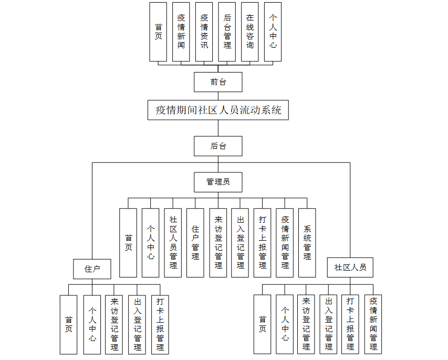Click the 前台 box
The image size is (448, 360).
[x=218, y=82]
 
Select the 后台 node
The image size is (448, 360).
[x=218, y=146]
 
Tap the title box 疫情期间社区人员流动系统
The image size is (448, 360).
[x=218, y=110]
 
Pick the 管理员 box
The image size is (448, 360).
[x=218, y=182]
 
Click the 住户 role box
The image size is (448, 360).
[x=92, y=269]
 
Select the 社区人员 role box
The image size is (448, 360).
[x=350, y=268]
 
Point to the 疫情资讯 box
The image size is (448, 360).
[x=204, y=32]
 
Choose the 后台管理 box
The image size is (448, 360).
[x=227, y=32]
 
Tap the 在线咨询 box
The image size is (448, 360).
[x=250, y=32]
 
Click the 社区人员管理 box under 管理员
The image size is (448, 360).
[x=173, y=242]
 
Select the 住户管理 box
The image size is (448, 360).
[x=195, y=242]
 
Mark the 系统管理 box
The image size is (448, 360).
[x=307, y=242]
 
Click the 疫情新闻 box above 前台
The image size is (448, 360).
[x=181, y=32]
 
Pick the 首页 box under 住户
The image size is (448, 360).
[x=68, y=324]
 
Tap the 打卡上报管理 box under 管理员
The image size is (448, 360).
[x=263, y=242]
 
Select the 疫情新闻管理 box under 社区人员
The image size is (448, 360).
[x=373, y=324]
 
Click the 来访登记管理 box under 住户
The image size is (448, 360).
[x=114, y=324]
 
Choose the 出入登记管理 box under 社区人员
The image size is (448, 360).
[x=329, y=324]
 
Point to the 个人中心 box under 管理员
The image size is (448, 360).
[x=150, y=242]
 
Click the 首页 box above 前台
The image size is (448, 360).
[x=158, y=32]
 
